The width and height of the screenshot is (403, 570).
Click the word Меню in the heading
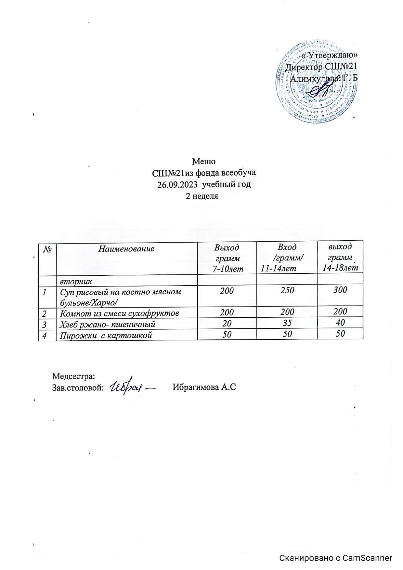click(x=204, y=161)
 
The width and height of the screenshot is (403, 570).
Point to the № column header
click(x=47, y=249)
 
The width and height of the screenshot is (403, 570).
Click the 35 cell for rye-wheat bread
click(x=287, y=323)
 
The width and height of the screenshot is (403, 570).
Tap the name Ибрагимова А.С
click(x=204, y=387)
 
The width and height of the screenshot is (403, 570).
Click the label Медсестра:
click(x=73, y=376)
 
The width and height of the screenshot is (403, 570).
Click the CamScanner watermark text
click(x=336, y=558)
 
